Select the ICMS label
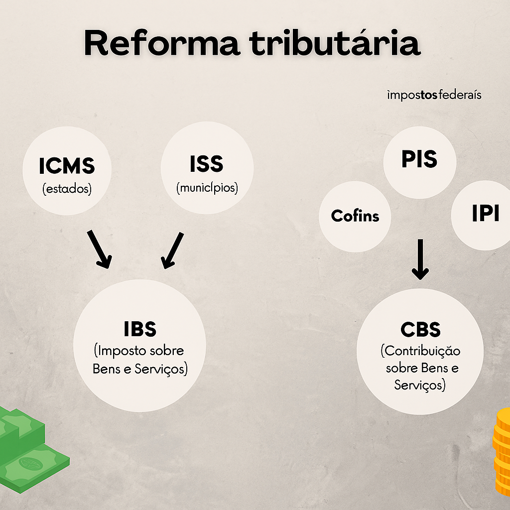tap(67, 166)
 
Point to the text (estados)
tap(67, 190)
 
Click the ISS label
tap(207, 164)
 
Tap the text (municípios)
tap(207, 188)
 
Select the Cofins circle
tap(355, 216)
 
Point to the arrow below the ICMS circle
tap(100, 249)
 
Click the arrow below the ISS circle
tap(172, 250)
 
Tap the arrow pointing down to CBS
tap(420, 259)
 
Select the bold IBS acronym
tap(140, 329)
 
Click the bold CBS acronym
tap(420, 330)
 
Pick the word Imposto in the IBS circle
tap(119, 351)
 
